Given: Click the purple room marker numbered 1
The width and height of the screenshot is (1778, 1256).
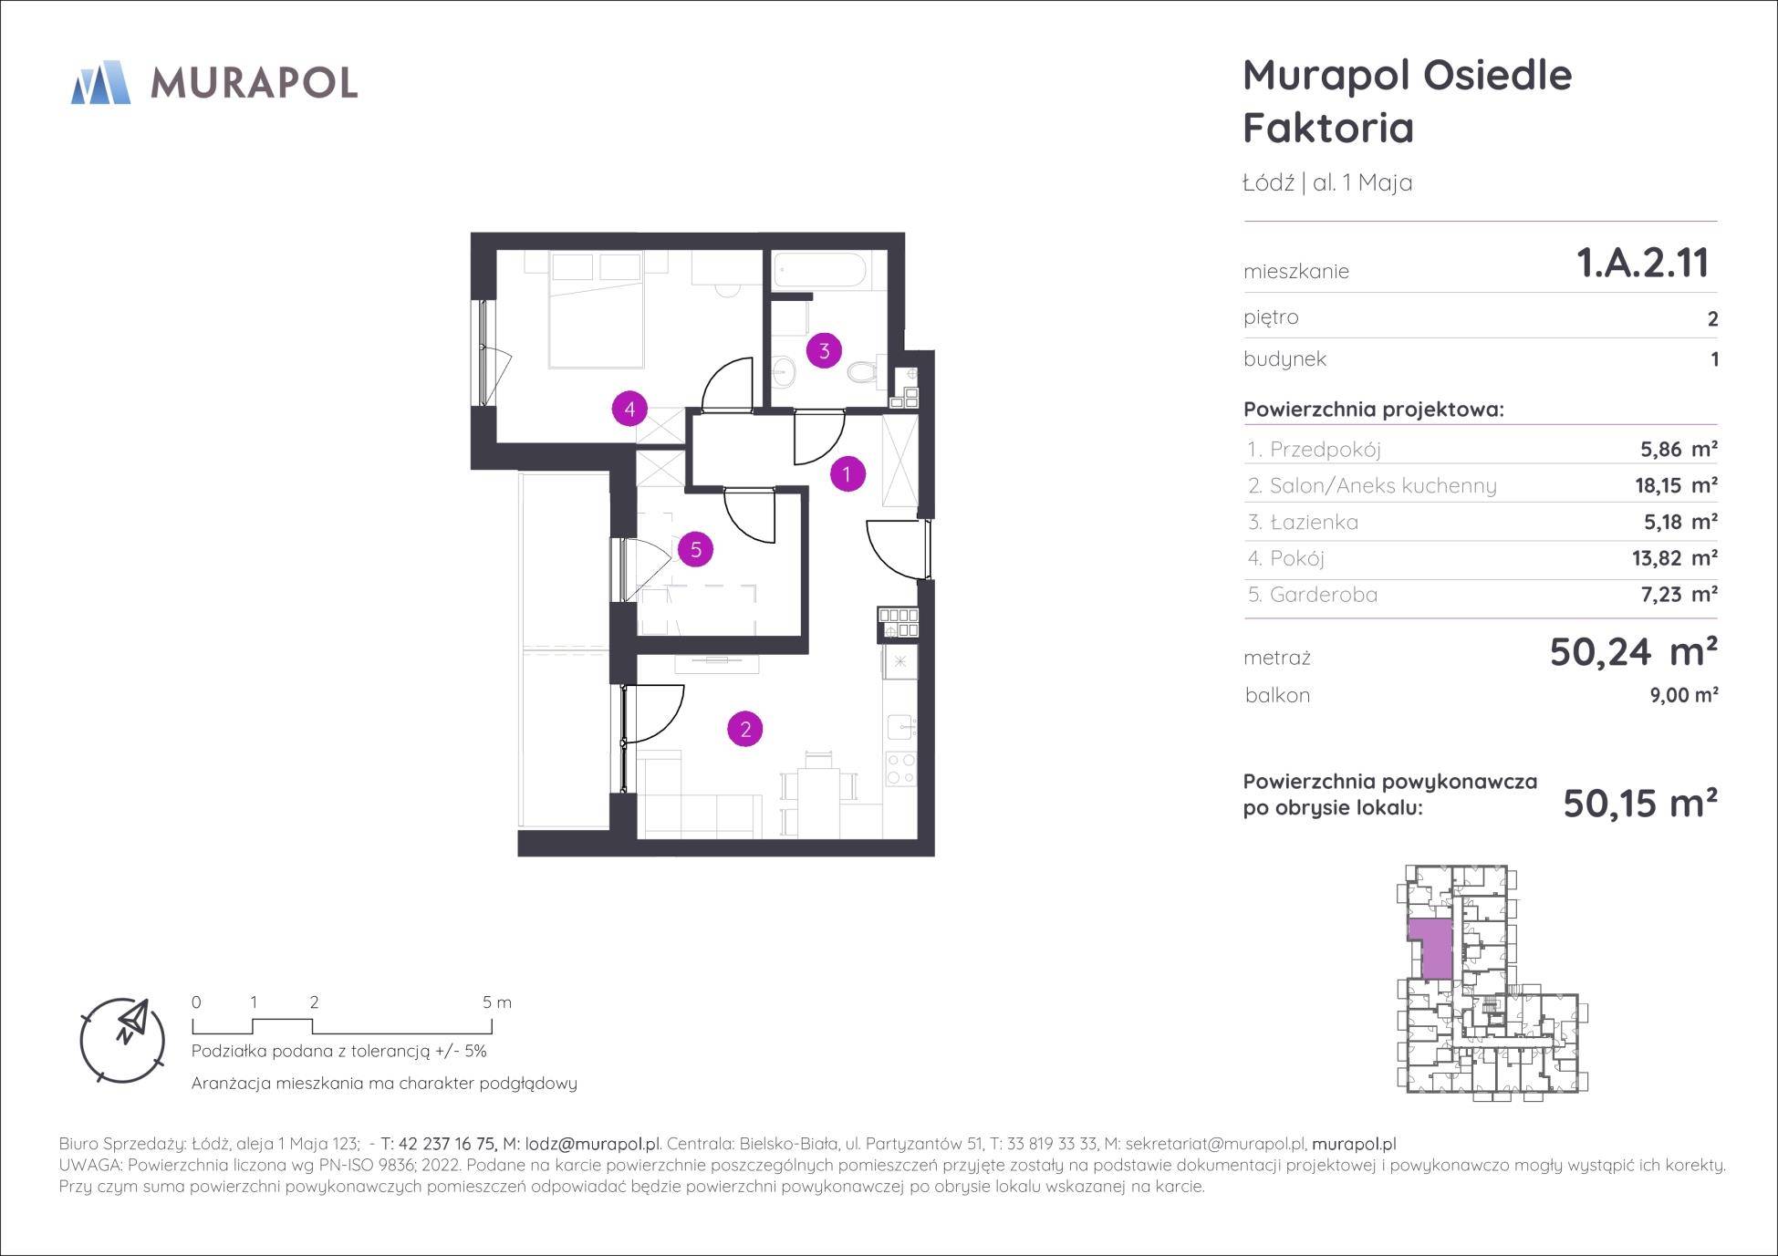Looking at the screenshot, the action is (x=847, y=473).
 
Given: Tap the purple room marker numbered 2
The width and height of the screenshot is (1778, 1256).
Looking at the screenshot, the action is (x=745, y=729).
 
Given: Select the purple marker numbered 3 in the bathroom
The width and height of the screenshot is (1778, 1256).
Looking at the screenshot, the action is (x=824, y=350).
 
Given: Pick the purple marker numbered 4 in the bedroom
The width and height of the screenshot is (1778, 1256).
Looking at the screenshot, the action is (x=629, y=409).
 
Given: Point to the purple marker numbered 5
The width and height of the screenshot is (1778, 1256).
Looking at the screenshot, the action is (x=696, y=549).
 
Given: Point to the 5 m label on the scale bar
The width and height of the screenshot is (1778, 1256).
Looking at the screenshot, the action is (x=497, y=1002).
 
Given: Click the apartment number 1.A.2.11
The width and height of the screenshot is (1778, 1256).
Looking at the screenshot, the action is (x=1642, y=264).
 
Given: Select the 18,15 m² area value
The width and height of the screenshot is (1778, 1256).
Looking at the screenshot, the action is (x=1676, y=485).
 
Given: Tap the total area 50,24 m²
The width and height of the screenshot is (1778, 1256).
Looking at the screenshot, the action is (x=1633, y=652).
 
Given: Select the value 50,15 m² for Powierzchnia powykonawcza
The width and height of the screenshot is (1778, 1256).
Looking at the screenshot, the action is (x=1640, y=804).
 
